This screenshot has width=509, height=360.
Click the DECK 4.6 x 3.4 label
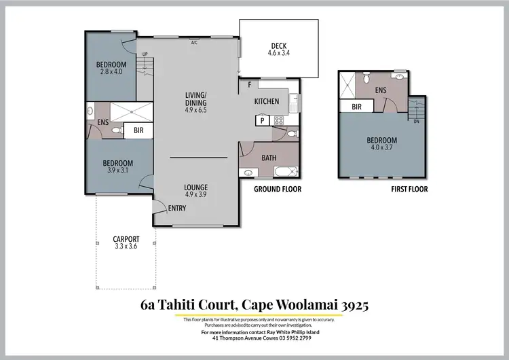pyautogui.click(x=278, y=49)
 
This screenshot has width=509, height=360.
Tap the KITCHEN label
pyautogui.click(x=266, y=101)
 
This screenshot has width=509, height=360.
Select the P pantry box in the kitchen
pyautogui.click(x=262, y=120)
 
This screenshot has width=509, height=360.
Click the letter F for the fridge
pyautogui.click(x=250, y=84)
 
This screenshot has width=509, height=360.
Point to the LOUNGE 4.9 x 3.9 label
pyautogui.click(x=196, y=190)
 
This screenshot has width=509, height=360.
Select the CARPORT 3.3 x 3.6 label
pyautogui.click(x=126, y=243)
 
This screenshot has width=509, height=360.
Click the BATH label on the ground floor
pyautogui.click(x=269, y=158)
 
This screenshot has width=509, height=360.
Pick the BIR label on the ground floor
pyautogui.click(x=138, y=129)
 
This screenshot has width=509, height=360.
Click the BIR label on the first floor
pyautogui.click(x=356, y=107)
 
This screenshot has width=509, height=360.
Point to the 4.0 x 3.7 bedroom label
pyautogui.click(x=383, y=145)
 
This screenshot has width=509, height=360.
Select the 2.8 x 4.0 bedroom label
pyautogui.click(x=111, y=69)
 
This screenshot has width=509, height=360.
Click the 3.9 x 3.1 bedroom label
pyautogui.click(x=117, y=166)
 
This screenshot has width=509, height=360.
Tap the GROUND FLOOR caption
pyautogui.click(x=277, y=190)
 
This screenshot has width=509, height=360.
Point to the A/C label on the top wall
pyautogui.click(x=193, y=42)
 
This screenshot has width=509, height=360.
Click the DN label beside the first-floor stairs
pyautogui.click(x=416, y=122)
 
